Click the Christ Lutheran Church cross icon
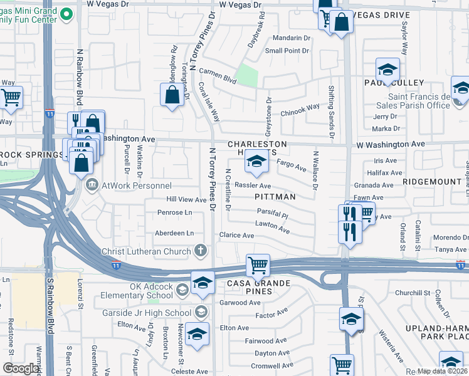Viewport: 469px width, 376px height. pyautogui.click(x=201, y=252)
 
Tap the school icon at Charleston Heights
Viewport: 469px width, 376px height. pyautogui.click(x=255, y=162)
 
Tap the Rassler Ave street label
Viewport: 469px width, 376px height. pyautogui.click(x=253, y=186)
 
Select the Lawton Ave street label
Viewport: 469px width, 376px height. pyautogui.click(x=272, y=227)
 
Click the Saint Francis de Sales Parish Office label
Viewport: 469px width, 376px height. pyautogui.click(x=419, y=101)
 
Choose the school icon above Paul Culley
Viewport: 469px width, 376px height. pyautogui.click(x=387, y=69)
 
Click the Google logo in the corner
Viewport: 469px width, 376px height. pyautogui.click(x=21, y=368)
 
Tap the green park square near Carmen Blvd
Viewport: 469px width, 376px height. pyautogui.click(x=248, y=76)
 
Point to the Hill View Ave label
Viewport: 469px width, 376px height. pyautogui.click(x=186, y=200)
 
